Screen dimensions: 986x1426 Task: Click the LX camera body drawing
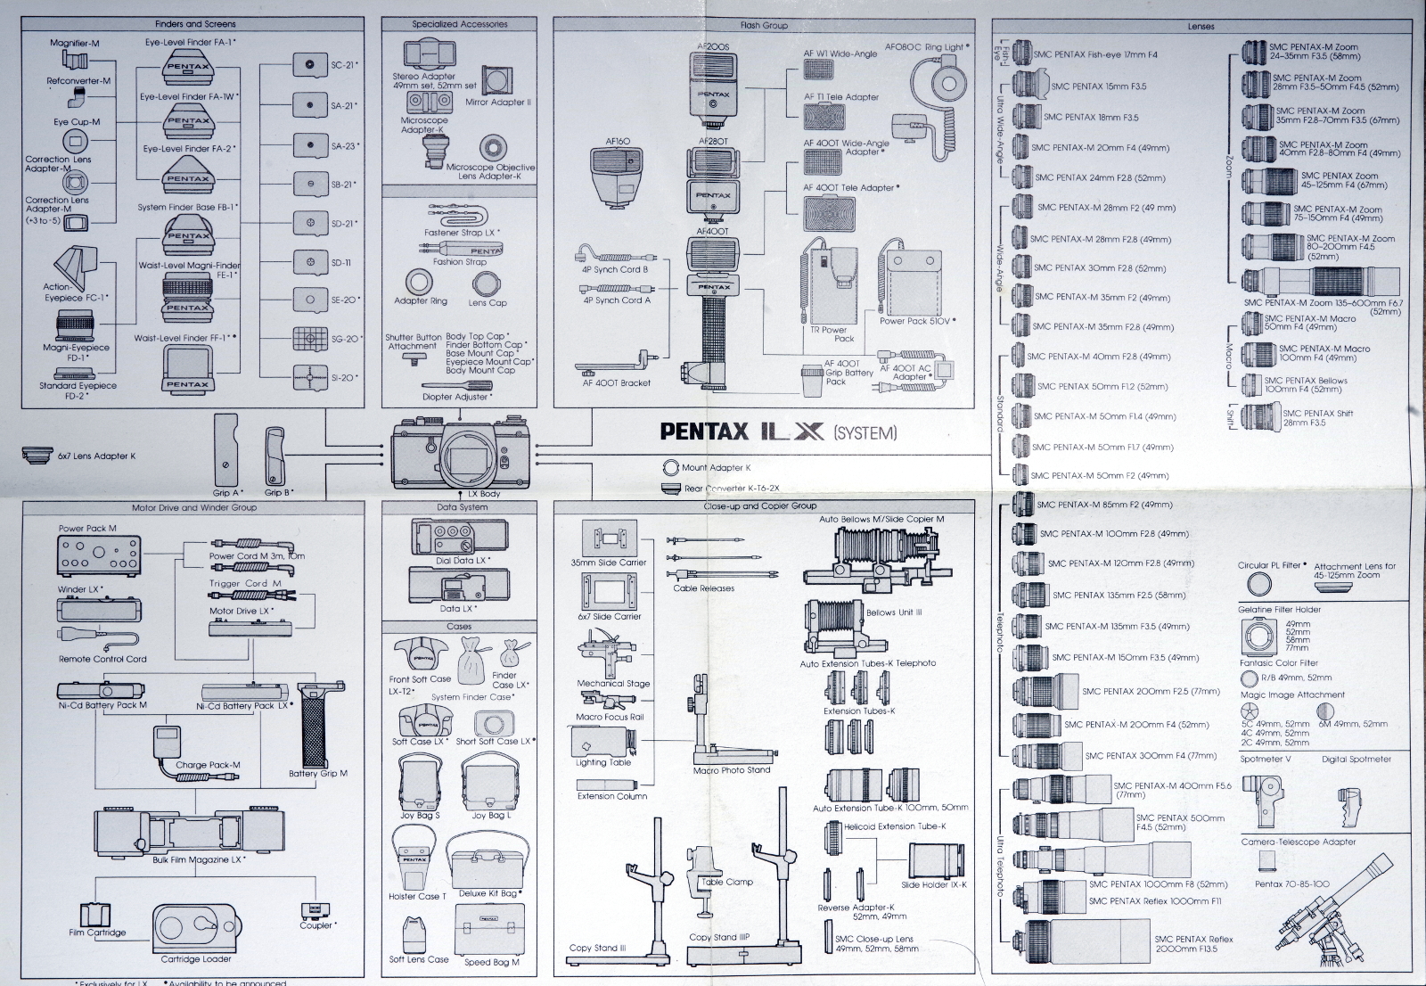click(x=462, y=453)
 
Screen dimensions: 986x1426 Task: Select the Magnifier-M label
click(x=75, y=43)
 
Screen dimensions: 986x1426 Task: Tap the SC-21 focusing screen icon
click(x=310, y=65)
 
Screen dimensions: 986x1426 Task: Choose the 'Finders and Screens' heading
click(x=195, y=24)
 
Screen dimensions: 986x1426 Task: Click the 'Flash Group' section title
click(x=764, y=25)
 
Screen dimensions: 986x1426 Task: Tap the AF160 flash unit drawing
click(x=616, y=175)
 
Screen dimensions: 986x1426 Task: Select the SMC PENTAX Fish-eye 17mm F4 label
click(x=1094, y=54)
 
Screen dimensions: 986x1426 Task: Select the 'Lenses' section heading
click(x=1201, y=27)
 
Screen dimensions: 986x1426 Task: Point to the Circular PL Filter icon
click(x=1258, y=584)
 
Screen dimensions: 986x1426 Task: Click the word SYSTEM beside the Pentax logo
click(x=865, y=433)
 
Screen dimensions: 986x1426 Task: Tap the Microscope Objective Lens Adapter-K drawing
click(x=492, y=149)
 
